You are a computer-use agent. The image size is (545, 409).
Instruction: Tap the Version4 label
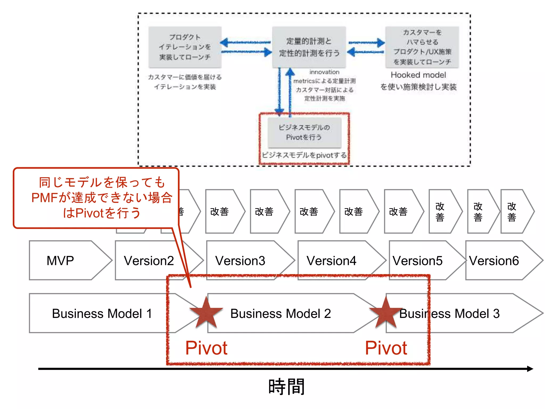[x=331, y=260]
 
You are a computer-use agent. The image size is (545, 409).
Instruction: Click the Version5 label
[x=417, y=260]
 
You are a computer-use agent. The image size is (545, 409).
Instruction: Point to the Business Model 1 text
[x=102, y=313]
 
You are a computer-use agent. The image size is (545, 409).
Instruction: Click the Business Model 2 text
[x=280, y=313]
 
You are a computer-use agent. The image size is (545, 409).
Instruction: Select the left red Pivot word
[x=206, y=348]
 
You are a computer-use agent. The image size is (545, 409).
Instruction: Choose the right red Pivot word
[x=386, y=348]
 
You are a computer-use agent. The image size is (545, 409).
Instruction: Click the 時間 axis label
[x=286, y=387]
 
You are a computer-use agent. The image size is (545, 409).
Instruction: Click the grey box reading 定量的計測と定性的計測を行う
[x=309, y=47]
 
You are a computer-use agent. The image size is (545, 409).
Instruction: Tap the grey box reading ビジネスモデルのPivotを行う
[x=304, y=132]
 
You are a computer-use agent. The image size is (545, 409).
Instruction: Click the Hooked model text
[x=418, y=75]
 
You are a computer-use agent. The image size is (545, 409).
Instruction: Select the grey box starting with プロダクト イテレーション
[x=185, y=47]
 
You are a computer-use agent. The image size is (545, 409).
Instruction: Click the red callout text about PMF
[x=102, y=198]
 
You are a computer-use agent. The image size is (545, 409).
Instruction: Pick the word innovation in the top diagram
[x=324, y=72]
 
